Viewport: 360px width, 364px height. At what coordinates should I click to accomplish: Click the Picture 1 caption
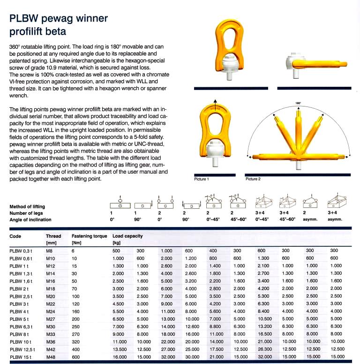201,179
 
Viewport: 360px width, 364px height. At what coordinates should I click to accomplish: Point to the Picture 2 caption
253,179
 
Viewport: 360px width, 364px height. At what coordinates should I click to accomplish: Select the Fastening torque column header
87,236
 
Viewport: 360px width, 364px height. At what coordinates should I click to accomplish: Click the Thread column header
53,236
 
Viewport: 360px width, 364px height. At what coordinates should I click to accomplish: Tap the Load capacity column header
127,236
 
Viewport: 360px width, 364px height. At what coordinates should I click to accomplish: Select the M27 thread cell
50,319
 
